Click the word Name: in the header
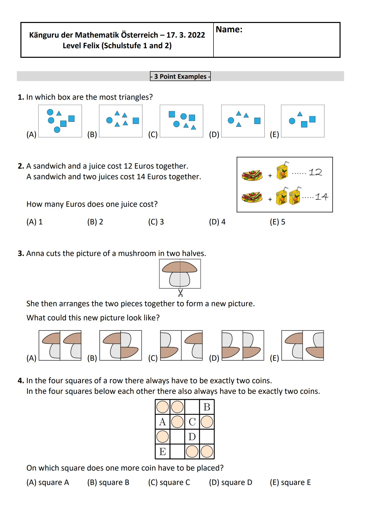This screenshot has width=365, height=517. coord(229,30)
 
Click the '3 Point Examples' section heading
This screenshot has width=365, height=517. coord(180,76)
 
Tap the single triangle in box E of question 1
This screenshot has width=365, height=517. coord(300,114)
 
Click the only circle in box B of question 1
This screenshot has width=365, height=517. coord(109,120)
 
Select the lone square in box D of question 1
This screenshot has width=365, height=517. coord(257,121)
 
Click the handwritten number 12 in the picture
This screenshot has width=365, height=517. coord(315,172)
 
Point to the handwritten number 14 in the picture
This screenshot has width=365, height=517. coord(322,197)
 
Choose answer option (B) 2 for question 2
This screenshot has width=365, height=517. coord(95,222)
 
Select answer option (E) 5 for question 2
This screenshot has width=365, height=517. coord(278,222)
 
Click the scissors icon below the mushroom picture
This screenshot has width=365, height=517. coord(180,293)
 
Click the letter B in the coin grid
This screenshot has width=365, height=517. coord(207,407)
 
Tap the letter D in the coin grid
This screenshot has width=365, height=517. coord(192,436)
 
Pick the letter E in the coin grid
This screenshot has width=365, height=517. coord(163,451)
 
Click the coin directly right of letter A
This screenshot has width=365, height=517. coord(177,422)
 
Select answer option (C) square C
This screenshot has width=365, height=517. coord(169,482)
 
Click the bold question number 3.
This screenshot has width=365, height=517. coord(21,253)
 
